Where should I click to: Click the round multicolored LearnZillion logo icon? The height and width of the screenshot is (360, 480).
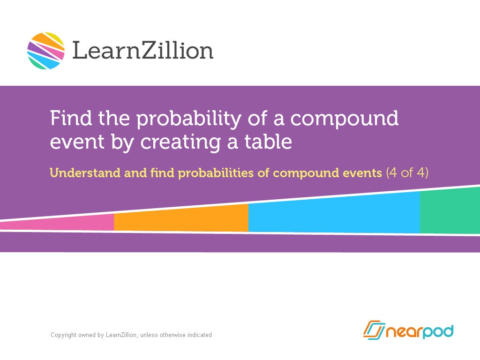[x=46, y=51]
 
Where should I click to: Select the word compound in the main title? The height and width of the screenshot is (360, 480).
[x=345, y=119]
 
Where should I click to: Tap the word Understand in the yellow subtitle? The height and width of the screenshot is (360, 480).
[x=85, y=173]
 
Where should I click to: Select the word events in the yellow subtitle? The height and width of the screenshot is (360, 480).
[x=361, y=173]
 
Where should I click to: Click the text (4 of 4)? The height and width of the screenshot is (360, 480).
[x=407, y=173]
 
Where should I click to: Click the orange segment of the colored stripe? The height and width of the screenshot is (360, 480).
[x=181, y=218]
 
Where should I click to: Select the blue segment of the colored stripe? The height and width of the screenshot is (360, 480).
[x=334, y=213]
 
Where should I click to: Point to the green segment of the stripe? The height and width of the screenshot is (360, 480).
[x=450, y=210]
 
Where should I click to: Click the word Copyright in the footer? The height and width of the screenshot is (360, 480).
[x=63, y=335]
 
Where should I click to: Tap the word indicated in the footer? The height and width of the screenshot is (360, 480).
[x=200, y=335]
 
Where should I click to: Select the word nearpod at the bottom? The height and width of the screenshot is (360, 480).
[x=419, y=331]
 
